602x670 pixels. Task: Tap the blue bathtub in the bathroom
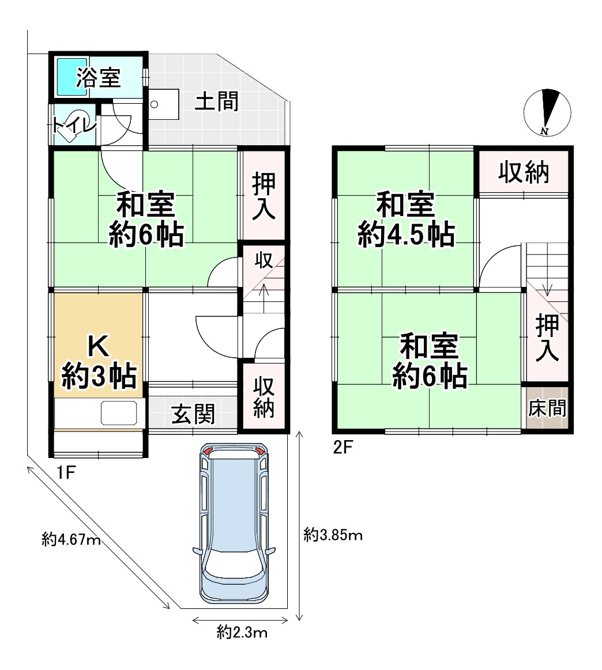[71, 76]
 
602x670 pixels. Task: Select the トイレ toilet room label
[73, 124]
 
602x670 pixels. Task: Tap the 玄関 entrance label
[194, 414]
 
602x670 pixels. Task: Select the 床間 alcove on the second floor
[547, 408]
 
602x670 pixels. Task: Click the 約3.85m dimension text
[333, 536]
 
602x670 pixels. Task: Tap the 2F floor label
[343, 446]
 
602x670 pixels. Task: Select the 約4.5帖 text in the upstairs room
[405, 235]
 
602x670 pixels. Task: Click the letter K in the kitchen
[98, 346]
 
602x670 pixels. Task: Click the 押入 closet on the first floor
[263, 195]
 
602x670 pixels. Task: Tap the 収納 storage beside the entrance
[264, 397]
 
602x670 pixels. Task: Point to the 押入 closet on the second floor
[547, 337]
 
